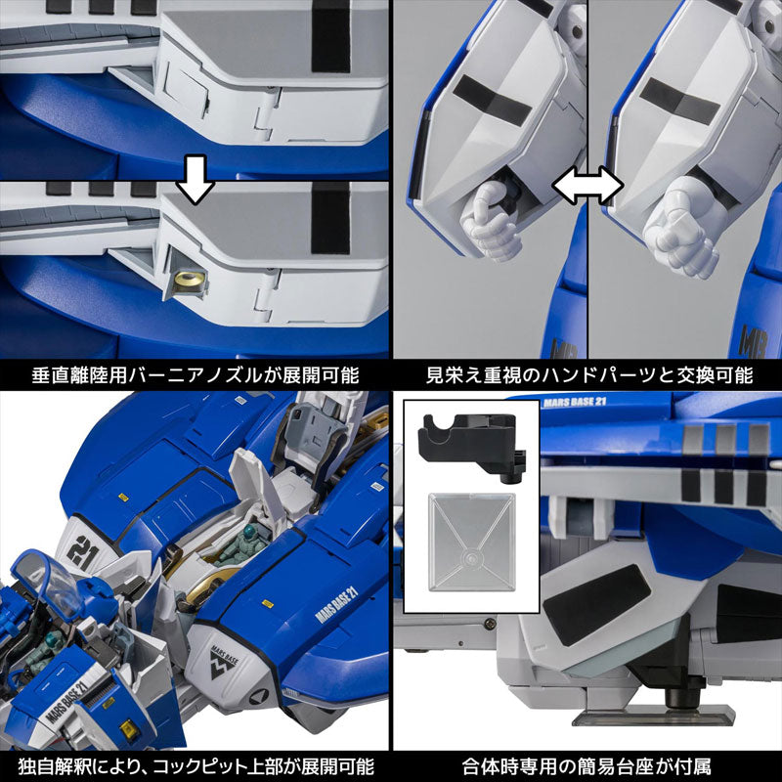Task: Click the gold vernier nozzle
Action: [x=187, y=282]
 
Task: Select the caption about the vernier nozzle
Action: [x=195, y=374]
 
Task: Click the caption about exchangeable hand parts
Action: [x=586, y=374]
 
